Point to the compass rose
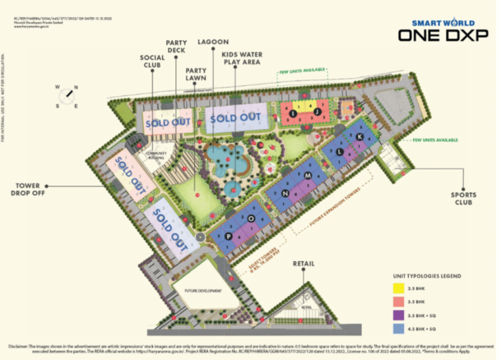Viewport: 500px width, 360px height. tap(67, 95)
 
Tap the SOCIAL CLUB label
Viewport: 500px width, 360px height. tap(152, 62)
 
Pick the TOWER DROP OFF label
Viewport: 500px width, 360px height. tap(28, 189)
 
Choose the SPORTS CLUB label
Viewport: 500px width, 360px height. tap(464, 199)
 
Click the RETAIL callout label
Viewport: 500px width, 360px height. tap(303, 264)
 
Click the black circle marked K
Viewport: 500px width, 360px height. tap(359, 136)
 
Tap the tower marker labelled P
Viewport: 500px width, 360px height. tap(228, 235)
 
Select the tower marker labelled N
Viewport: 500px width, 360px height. tap(286, 193)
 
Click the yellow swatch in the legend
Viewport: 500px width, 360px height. tap(398, 288)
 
